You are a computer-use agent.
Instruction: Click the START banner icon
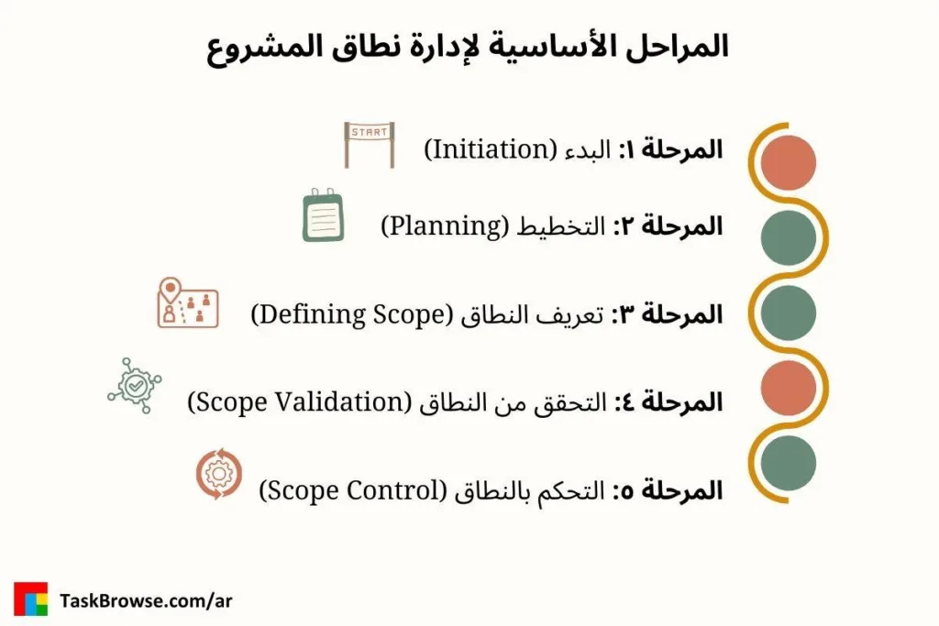pyautogui.click(x=369, y=144)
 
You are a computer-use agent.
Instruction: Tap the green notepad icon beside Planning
pyautogui.click(x=323, y=216)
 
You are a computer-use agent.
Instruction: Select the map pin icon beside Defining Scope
pyautogui.click(x=186, y=303)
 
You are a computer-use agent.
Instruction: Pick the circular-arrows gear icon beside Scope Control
pyautogui.click(x=219, y=475)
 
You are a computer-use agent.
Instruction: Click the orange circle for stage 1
pyautogui.click(x=788, y=162)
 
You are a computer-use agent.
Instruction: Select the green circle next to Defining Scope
pyautogui.click(x=788, y=313)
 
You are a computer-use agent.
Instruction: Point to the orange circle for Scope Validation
pyautogui.click(x=788, y=387)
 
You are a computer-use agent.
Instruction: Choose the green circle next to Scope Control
pyautogui.click(x=788, y=462)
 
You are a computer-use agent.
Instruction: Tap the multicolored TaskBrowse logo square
pyautogui.click(x=30, y=599)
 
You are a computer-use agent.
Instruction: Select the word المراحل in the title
pyautogui.click(x=671, y=47)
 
